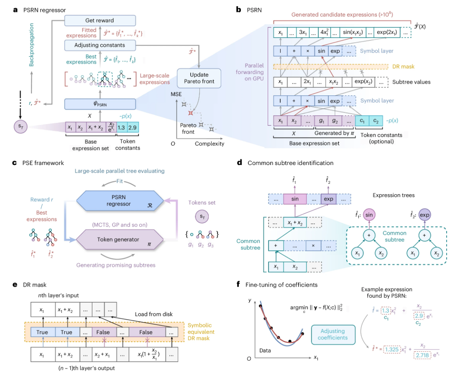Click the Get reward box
(x=100, y=20)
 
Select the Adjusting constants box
(x=100, y=45)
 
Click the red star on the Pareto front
(x=191, y=113)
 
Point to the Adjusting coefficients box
(x=332, y=334)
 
